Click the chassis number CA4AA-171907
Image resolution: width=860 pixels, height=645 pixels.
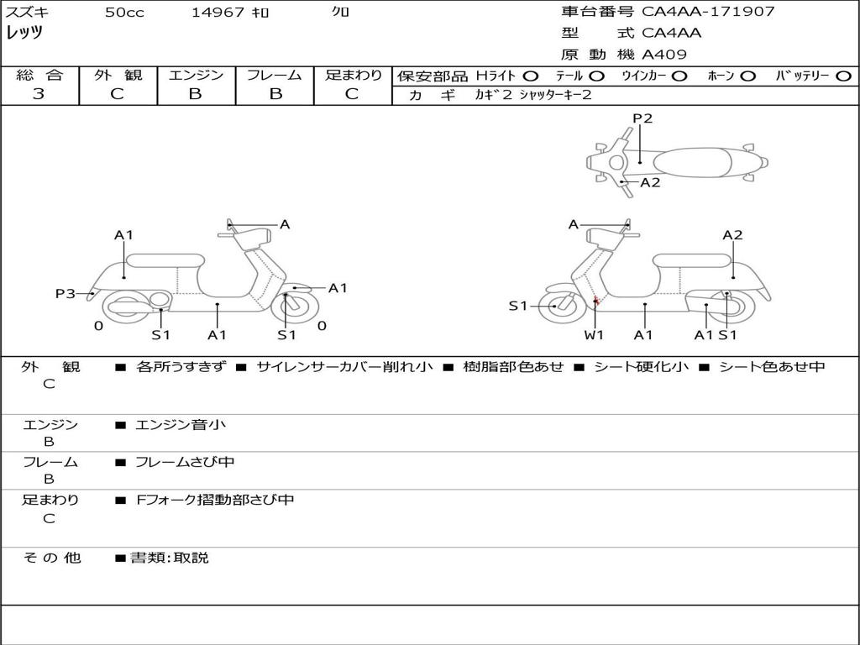[708, 12]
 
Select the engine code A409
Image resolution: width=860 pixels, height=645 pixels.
[663, 55]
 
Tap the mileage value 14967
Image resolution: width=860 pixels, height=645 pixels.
[218, 12]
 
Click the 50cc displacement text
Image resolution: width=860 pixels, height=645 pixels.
[124, 12]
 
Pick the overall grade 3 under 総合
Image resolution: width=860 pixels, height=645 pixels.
[39, 94]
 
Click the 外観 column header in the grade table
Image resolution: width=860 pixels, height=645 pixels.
[118, 75]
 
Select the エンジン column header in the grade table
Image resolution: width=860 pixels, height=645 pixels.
[196, 75]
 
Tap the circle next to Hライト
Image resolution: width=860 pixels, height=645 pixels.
[531, 76]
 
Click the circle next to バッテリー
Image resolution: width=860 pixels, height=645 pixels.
[844, 76]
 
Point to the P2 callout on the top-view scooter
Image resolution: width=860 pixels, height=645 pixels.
[642, 118]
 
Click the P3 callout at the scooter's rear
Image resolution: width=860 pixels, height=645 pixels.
[66, 294]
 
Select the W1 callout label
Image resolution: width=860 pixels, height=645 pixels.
[594, 335]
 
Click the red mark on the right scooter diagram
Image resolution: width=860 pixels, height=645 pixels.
[596, 301]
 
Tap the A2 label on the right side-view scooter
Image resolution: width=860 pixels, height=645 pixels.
[732, 235]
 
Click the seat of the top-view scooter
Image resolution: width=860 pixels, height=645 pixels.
[693, 162]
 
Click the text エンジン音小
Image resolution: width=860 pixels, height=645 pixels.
[180, 424]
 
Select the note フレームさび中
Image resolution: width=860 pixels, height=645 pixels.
[185, 463]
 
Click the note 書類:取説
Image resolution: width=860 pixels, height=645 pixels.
[170, 558]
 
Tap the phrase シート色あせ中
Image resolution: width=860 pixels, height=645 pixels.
[772, 366]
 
